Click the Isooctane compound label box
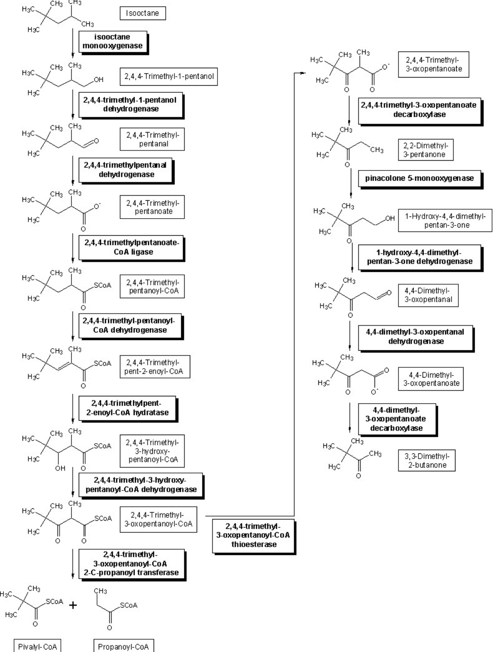(x=142, y=13)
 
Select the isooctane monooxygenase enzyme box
(x=112, y=41)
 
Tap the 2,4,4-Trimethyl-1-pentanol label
(x=169, y=77)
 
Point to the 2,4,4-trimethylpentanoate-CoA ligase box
(x=131, y=247)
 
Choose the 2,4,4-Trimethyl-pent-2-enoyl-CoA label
(x=155, y=367)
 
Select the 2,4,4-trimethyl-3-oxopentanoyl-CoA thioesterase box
(x=253, y=535)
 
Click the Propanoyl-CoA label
(x=123, y=646)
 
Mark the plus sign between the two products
(x=73, y=605)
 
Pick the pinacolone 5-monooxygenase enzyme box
(x=419, y=179)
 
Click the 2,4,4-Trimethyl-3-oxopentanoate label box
(x=433, y=64)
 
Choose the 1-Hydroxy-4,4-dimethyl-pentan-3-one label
(x=445, y=220)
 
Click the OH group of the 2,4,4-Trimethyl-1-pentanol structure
(x=98, y=80)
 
